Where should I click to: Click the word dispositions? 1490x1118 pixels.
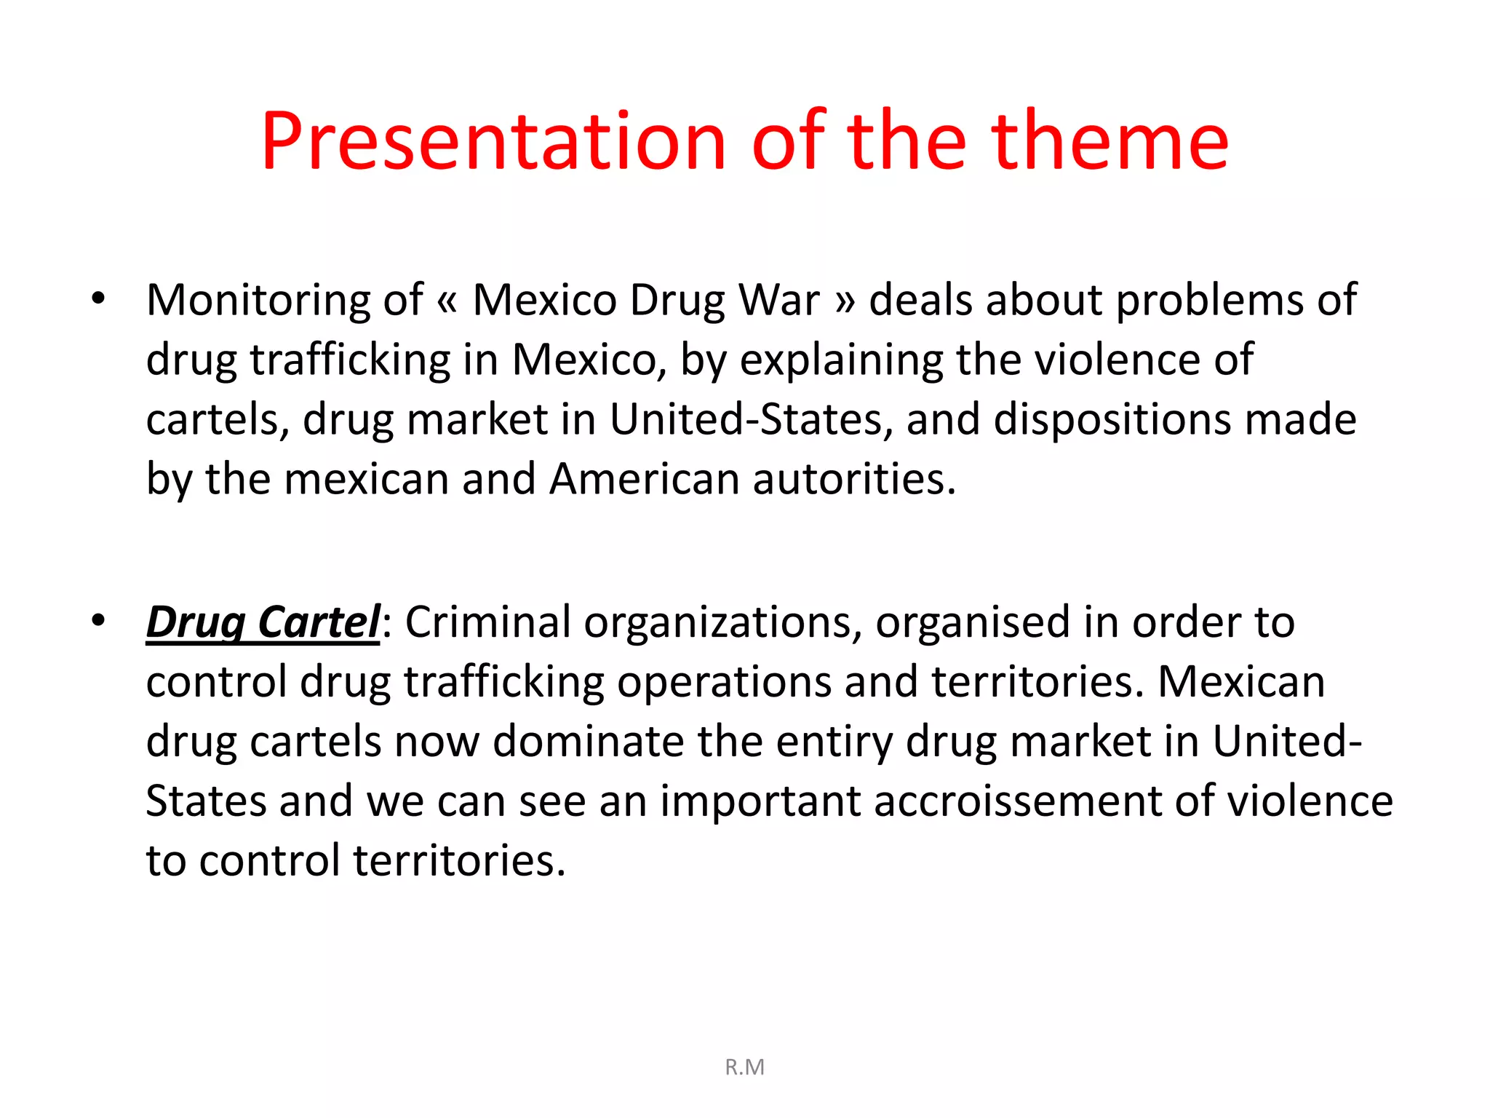(1112, 420)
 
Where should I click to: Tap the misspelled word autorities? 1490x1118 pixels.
(854, 479)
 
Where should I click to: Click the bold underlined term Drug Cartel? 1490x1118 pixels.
(263, 622)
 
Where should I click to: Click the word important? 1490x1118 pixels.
(760, 801)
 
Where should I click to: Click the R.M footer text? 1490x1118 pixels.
(744, 1067)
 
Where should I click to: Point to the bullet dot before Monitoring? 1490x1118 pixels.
(98, 298)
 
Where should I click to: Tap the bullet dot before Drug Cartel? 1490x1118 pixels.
(98, 621)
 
